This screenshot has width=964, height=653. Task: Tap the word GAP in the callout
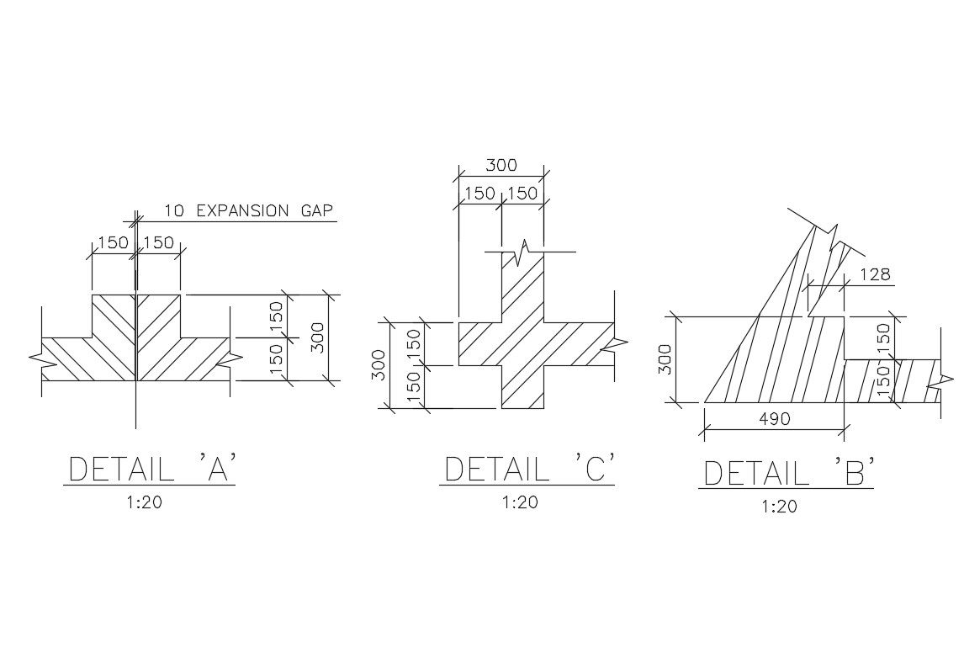315,210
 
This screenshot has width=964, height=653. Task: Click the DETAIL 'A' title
151,470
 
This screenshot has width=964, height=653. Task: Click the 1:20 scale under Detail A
144,503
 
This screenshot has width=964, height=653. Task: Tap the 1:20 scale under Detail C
520,502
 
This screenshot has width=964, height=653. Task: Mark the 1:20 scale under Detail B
779,507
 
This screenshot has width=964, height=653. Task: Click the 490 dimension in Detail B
774,418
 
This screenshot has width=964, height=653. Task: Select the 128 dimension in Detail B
875,274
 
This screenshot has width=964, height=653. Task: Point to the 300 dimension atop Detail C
501,165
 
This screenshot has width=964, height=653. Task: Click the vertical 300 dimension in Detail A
318,337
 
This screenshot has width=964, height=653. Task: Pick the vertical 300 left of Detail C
379,365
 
